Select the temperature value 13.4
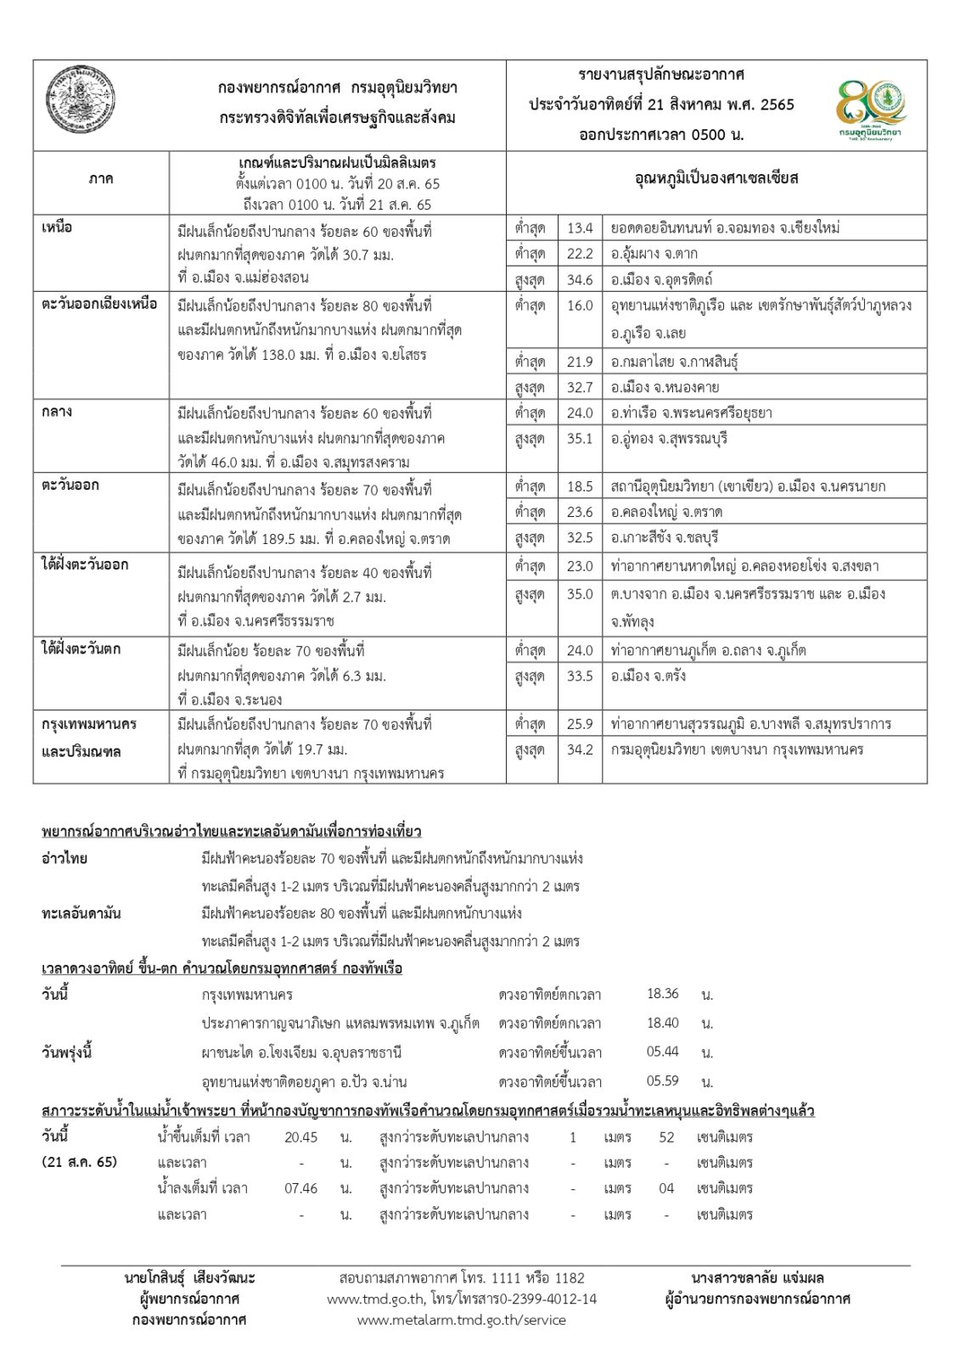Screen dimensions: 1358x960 pyautogui.click(x=580, y=227)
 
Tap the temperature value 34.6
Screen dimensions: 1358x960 pyautogui.click(x=580, y=279)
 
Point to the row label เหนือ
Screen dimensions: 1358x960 pyautogui.click(x=57, y=227)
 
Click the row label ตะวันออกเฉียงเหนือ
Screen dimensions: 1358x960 pyautogui.click(x=99, y=304)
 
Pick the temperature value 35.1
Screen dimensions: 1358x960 pyautogui.click(x=580, y=439)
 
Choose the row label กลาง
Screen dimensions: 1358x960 pyautogui.click(x=57, y=412)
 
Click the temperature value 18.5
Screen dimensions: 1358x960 pyautogui.click(x=580, y=486)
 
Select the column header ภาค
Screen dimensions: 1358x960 pyautogui.click(x=100, y=180)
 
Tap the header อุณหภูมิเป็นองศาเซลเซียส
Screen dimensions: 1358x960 pyautogui.click(x=716, y=179)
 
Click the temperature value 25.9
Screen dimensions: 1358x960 pyautogui.click(x=580, y=724)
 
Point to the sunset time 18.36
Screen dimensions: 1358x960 pyautogui.click(x=662, y=994)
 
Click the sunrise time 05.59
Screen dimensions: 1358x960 pyautogui.click(x=662, y=1081)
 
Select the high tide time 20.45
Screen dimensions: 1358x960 pyautogui.click(x=301, y=1137)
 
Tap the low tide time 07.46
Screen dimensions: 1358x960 pyautogui.click(x=301, y=1188)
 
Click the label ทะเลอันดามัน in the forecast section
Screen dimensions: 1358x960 pyautogui.click(x=81, y=914)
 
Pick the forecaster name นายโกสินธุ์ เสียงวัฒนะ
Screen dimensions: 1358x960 pyautogui.click(x=189, y=1278)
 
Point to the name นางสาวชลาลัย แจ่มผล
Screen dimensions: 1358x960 pyautogui.click(x=757, y=1278)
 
